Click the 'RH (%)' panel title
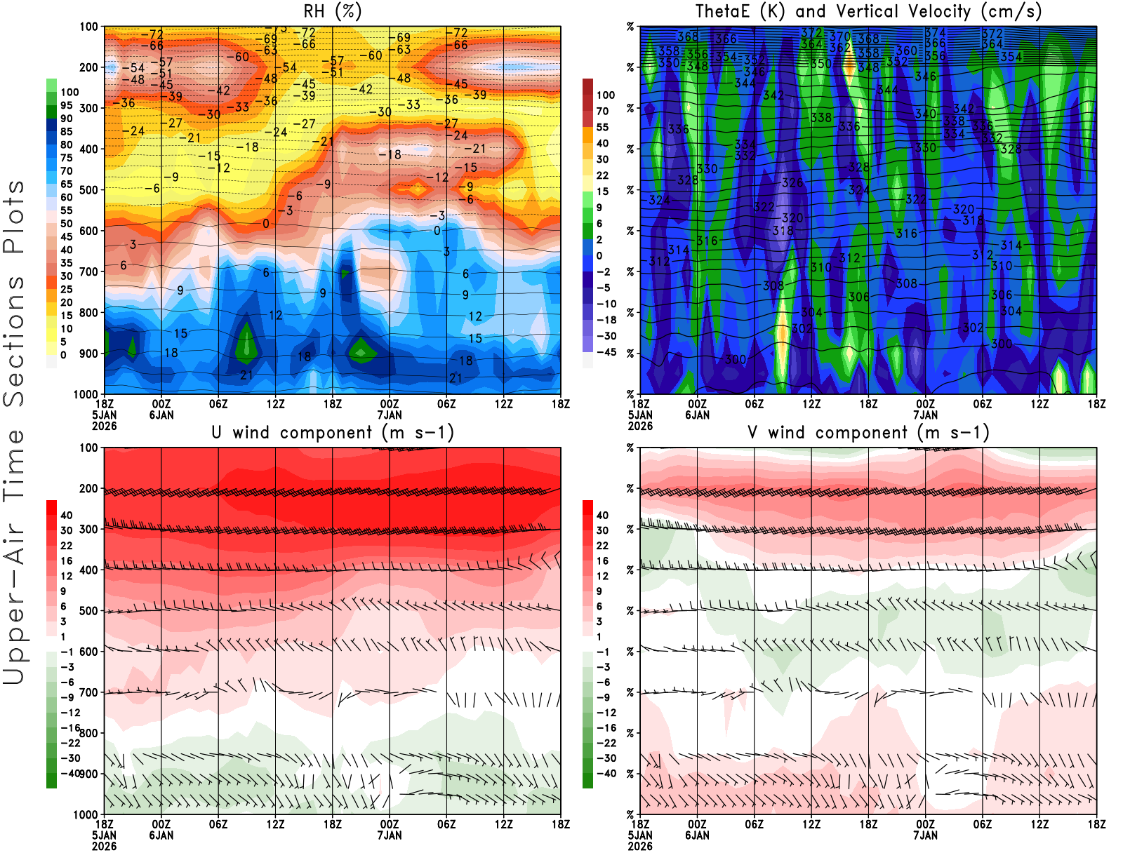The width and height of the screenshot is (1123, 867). pos(332,11)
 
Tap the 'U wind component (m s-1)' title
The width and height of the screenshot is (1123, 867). pos(333,432)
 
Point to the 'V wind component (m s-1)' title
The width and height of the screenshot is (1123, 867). pos(868,432)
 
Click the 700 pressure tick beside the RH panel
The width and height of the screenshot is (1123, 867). pos(88,271)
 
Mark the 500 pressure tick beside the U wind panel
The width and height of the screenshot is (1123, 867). pos(88,611)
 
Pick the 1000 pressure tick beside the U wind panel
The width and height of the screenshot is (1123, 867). pos(86,814)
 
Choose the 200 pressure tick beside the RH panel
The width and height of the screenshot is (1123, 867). pos(88,67)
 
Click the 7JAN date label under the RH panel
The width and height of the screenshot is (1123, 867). pos(390,415)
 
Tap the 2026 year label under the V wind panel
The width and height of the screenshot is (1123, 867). pos(640,846)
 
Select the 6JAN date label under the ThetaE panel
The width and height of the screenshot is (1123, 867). pos(697,415)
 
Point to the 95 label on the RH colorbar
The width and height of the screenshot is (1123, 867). pos(66,105)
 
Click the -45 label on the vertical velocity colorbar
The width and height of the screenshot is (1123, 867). pos(606,352)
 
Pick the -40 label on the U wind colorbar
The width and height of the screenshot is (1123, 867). pos(70,773)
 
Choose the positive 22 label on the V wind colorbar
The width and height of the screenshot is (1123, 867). pos(602,545)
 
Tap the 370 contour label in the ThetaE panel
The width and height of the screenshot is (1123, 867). pos(839,36)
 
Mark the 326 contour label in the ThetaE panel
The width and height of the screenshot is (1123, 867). pos(792,183)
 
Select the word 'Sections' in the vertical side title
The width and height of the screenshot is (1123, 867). pos(14,340)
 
